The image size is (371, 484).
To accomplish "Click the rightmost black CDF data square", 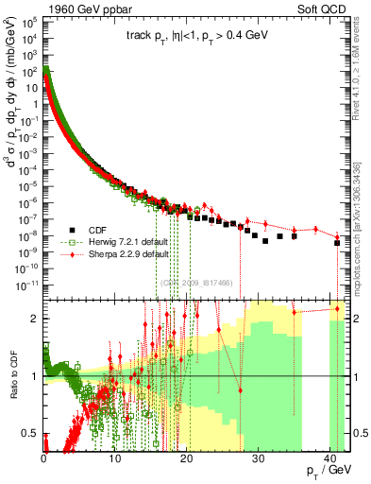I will (x=337, y=243).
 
